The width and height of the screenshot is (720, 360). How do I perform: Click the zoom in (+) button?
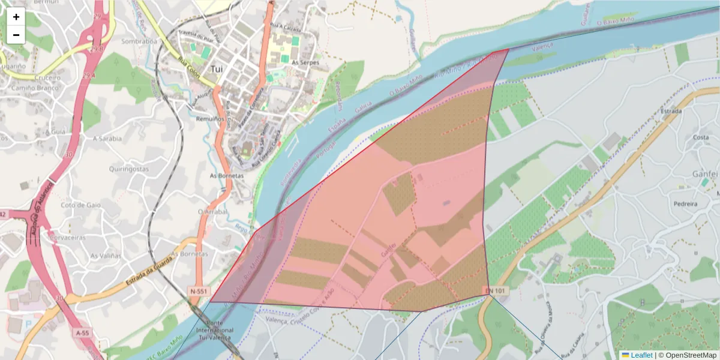pos(16,17)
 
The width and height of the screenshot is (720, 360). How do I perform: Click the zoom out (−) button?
pos(16,35)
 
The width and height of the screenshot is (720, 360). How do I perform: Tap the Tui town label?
pos(217,69)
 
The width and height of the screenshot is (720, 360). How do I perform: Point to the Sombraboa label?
pos(139,41)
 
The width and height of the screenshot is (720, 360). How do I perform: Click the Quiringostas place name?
pos(129,169)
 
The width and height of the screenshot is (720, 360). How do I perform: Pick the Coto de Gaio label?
pos(81,205)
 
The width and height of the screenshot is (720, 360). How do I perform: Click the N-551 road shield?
pos(199,292)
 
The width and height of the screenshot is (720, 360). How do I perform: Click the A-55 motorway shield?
pos(83,332)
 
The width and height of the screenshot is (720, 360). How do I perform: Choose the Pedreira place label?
pos(686,204)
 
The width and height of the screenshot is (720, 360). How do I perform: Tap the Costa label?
pos(701,137)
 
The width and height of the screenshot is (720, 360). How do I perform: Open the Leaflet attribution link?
pos(641,355)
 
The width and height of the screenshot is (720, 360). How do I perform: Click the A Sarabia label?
pos(107,137)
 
